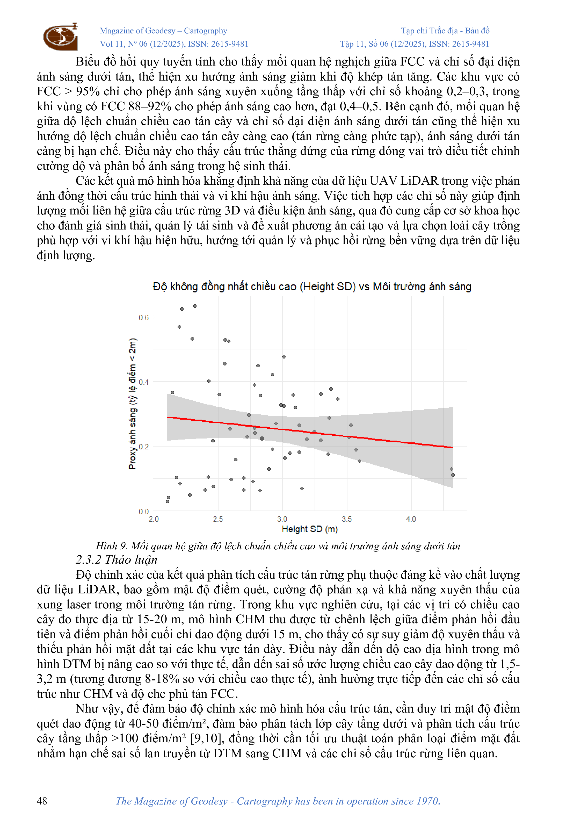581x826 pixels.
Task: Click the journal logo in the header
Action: pos(60,36)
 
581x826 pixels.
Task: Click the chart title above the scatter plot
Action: pos(312,287)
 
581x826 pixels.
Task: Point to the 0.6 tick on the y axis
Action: pos(143,317)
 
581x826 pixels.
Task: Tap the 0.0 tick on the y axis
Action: pos(143,511)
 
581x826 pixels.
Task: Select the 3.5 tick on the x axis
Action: pos(347,519)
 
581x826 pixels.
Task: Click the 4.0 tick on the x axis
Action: pos(411,519)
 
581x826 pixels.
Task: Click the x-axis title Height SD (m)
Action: pos(310,529)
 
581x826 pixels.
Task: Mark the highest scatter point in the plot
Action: pos(195,306)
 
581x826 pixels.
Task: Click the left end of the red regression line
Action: pos(168,417)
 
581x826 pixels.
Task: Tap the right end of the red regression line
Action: pos(452,448)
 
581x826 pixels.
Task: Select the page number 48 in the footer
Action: pos(42,801)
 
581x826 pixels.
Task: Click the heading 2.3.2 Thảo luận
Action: pos(117,560)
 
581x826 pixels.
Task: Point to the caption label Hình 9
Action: pos(111,546)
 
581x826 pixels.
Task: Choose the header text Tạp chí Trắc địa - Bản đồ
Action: pos(445,31)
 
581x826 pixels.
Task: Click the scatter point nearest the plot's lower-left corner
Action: pos(168,501)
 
